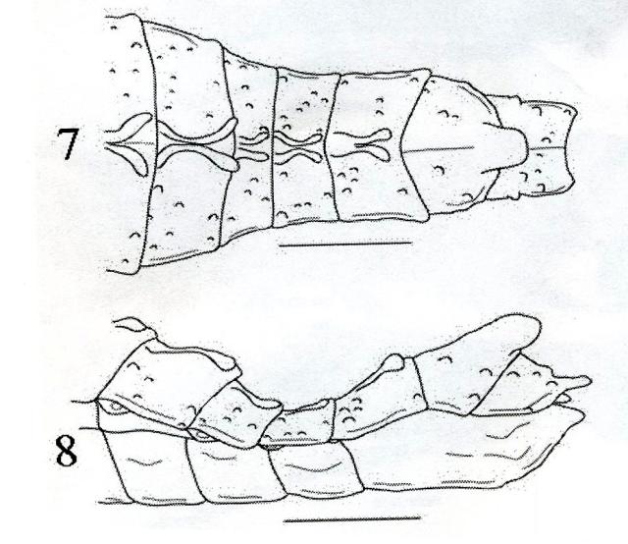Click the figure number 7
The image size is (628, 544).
tap(67, 143)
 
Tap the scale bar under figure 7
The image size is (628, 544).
tap(345, 243)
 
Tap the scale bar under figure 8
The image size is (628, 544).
tap(352, 518)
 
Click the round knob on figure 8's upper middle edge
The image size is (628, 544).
tap(396, 362)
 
